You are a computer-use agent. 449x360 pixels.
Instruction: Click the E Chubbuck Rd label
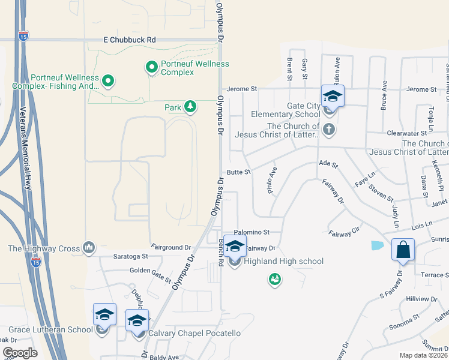(x=130, y=40)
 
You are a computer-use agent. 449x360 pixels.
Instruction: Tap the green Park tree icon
(x=190, y=107)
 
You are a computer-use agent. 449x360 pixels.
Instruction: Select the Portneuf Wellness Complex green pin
(x=151, y=67)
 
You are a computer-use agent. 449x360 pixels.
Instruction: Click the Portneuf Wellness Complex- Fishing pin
(x=108, y=80)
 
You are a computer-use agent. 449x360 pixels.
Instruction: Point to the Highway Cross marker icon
(x=89, y=247)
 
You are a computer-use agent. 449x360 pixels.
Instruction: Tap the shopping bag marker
(x=403, y=249)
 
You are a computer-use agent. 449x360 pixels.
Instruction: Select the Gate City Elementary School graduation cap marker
(x=333, y=95)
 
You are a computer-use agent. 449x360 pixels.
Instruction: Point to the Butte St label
(x=238, y=172)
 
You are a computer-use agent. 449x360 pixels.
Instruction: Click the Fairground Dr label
(x=171, y=247)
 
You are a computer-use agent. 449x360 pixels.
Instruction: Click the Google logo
(x=20, y=353)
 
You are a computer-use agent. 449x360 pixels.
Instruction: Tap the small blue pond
(x=377, y=245)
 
